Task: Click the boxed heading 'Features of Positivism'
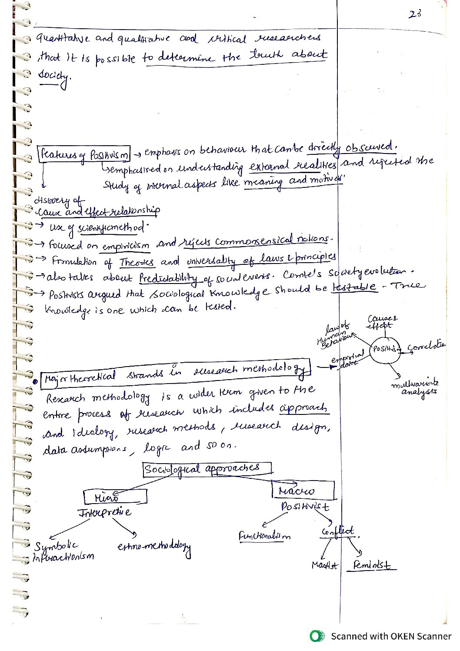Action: (84, 154)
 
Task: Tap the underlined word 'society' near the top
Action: (54, 76)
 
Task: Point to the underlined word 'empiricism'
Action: (126, 246)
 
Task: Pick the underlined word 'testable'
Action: (355, 287)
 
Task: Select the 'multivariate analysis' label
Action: (416, 387)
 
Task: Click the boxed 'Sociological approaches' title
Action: (207, 469)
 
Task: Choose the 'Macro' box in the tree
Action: (303, 491)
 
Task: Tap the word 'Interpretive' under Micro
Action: (104, 512)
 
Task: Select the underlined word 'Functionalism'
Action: (264, 536)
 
